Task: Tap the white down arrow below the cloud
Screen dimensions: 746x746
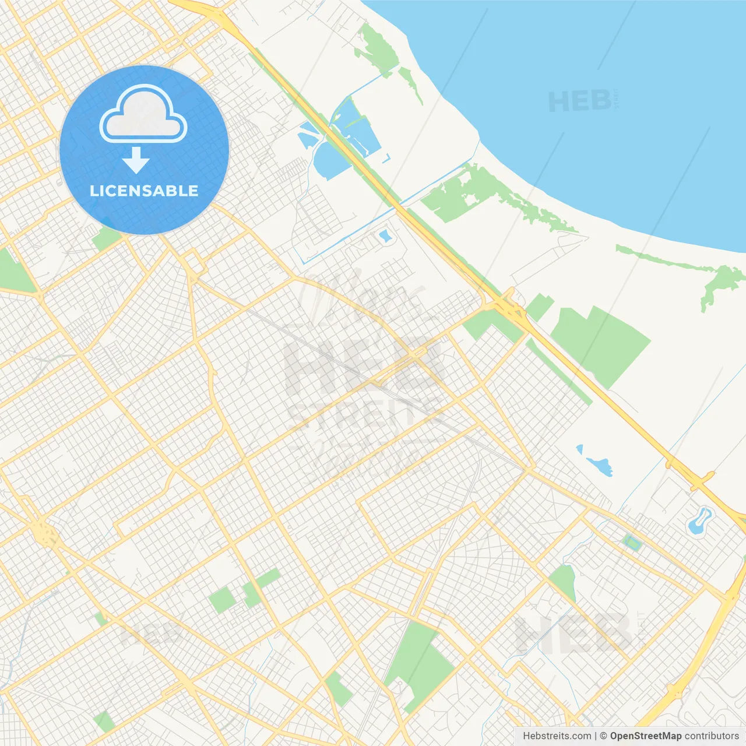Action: coord(136,160)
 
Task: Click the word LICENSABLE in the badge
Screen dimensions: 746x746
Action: coord(144,191)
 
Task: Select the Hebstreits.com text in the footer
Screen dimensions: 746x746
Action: coord(557,736)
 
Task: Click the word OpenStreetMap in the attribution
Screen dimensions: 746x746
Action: coord(645,736)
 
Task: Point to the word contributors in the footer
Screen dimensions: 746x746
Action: coord(712,736)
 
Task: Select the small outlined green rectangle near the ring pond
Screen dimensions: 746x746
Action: coord(631,543)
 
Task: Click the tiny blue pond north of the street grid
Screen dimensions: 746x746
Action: coord(384,236)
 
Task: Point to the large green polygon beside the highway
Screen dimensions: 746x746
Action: coord(600,344)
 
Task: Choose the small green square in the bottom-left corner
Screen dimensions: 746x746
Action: coord(105,721)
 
